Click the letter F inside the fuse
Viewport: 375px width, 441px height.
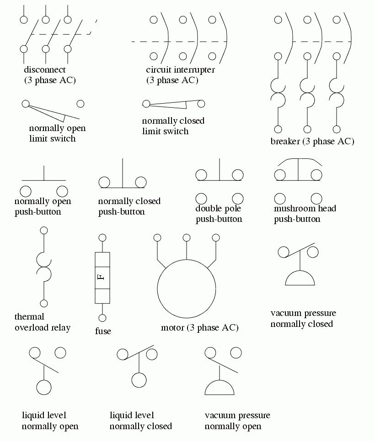(x=102, y=277)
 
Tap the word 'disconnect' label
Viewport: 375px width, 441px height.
(x=45, y=70)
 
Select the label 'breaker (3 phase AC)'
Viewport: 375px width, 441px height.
(x=312, y=142)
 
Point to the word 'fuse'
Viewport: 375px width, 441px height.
(x=103, y=331)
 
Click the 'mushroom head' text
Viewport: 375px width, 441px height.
(x=305, y=209)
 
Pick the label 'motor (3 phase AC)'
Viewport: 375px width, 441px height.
(x=200, y=328)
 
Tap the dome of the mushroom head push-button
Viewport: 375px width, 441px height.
(x=298, y=162)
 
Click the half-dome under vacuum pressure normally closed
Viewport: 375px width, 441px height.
(x=300, y=279)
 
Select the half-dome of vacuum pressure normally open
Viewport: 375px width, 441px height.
(x=220, y=388)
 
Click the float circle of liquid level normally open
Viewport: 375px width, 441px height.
(x=44, y=387)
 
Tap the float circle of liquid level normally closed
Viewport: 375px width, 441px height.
(x=139, y=380)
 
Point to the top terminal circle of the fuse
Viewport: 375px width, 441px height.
(x=102, y=237)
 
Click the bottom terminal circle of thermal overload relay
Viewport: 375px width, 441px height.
(x=44, y=303)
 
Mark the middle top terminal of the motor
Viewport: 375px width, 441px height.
(x=186, y=237)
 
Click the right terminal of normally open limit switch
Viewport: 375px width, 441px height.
(x=80, y=104)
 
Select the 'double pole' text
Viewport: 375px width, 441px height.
(x=218, y=209)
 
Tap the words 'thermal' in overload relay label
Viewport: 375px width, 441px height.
(x=29, y=316)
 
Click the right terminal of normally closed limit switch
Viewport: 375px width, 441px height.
(x=201, y=104)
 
